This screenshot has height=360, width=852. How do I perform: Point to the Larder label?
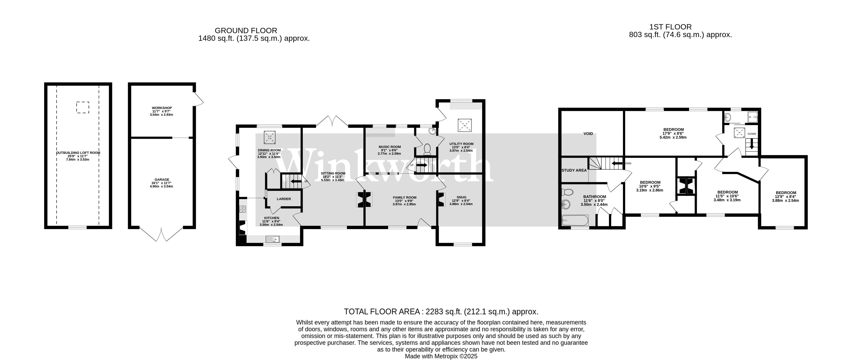[284, 199]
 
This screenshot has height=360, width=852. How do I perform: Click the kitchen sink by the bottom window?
[273, 239]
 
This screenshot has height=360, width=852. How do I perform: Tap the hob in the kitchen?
[243, 209]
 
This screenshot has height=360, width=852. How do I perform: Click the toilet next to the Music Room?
[427, 149]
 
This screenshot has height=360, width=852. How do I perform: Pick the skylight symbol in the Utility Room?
[465, 125]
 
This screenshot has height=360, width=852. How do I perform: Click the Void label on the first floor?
[588, 134]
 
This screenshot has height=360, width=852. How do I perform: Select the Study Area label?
[574, 171]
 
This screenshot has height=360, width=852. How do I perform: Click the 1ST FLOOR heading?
[670, 27]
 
